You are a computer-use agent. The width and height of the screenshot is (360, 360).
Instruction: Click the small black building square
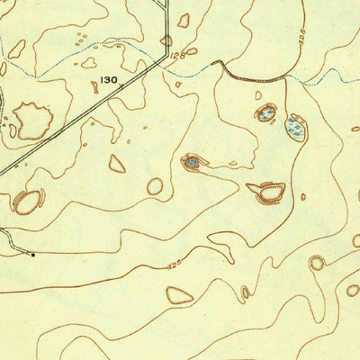click(33, 255)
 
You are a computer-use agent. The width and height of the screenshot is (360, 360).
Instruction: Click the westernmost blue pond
click(193, 163)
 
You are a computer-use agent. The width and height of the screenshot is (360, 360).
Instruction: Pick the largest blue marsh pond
click(295, 128)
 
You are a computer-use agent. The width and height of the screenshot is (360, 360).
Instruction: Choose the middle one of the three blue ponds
click(266, 112)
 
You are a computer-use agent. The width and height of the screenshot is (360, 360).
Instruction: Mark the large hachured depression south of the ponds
click(267, 191)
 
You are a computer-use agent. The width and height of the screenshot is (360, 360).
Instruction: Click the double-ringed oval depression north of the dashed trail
click(28, 202)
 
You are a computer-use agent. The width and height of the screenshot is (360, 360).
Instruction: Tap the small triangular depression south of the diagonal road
click(117, 163)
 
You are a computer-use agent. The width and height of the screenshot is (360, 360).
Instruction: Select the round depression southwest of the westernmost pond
click(155, 186)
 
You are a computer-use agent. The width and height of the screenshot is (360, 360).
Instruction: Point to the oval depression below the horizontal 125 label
click(179, 294)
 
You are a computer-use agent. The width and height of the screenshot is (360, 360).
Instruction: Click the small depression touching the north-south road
click(166, 40)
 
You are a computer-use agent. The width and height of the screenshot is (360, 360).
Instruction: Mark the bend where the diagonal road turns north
click(165, 59)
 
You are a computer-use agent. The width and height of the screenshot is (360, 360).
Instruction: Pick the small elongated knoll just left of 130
click(94, 87)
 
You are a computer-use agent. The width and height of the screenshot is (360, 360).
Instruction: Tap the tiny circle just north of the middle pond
click(258, 94)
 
